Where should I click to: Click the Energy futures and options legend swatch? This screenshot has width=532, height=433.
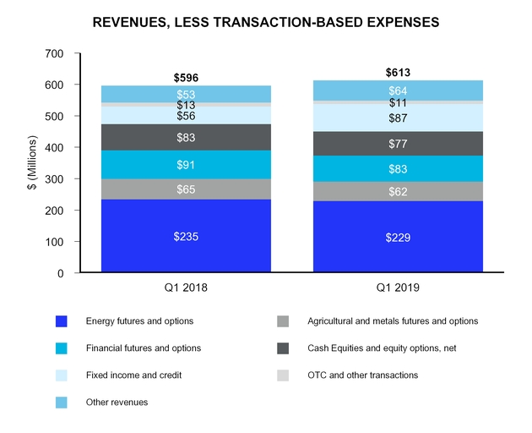(x=61, y=321)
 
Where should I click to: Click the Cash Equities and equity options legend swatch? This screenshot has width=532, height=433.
(x=283, y=348)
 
